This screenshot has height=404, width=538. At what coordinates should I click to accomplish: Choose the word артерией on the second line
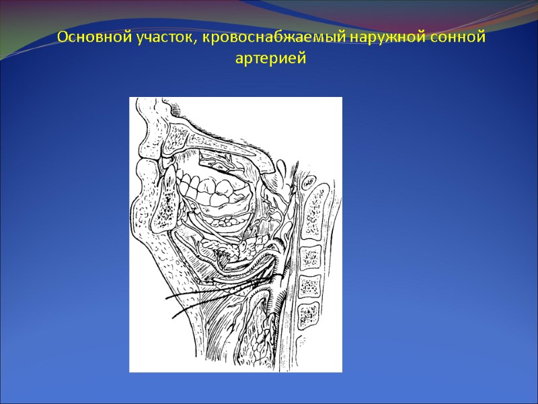(270, 59)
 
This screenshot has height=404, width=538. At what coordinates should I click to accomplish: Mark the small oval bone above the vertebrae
(309, 182)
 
